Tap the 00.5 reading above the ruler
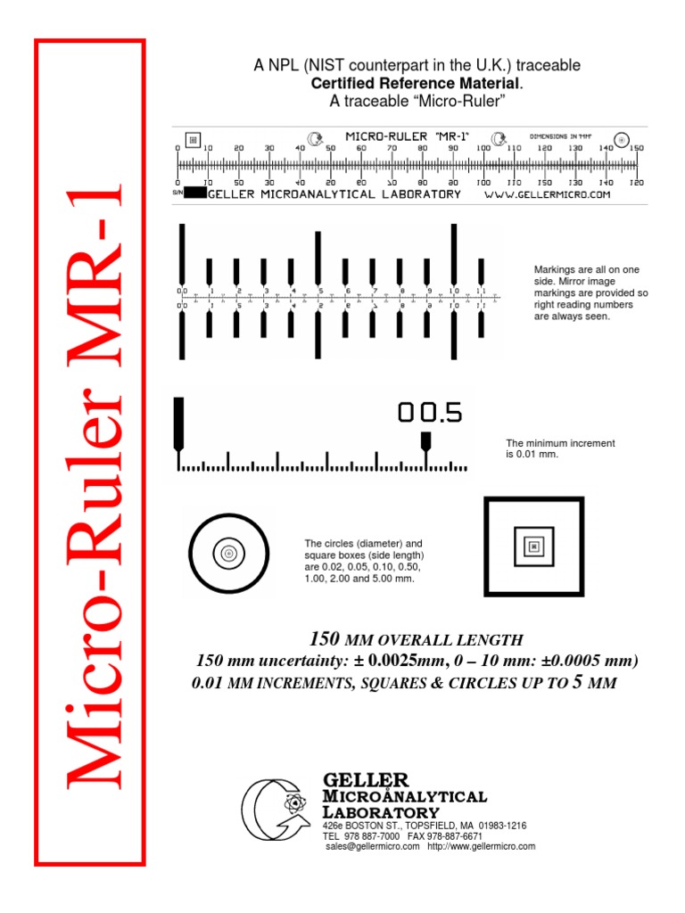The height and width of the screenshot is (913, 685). (x=430, y=412)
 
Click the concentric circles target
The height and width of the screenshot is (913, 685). (x=228, y=554)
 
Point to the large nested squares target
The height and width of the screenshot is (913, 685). (x=533, y=547)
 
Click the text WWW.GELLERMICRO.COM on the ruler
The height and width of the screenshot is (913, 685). (x=547, y=194)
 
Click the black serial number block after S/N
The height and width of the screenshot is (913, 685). (x=195, y=193)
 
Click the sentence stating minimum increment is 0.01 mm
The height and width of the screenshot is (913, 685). (x=560, y=448)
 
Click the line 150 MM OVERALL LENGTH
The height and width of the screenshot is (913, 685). (x=415, y=639)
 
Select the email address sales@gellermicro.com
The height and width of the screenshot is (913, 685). (x=373, y=846)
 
